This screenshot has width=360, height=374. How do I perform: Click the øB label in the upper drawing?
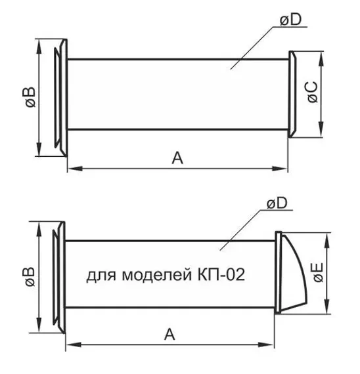(x=28, y=97)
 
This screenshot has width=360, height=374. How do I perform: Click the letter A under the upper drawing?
(x=176, y=157)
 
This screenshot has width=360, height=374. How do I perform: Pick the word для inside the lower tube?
(x=99, y=275)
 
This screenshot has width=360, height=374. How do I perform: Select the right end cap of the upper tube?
(x=292, y=94)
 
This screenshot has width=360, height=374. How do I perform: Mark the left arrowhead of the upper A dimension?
(x=71, y=170)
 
